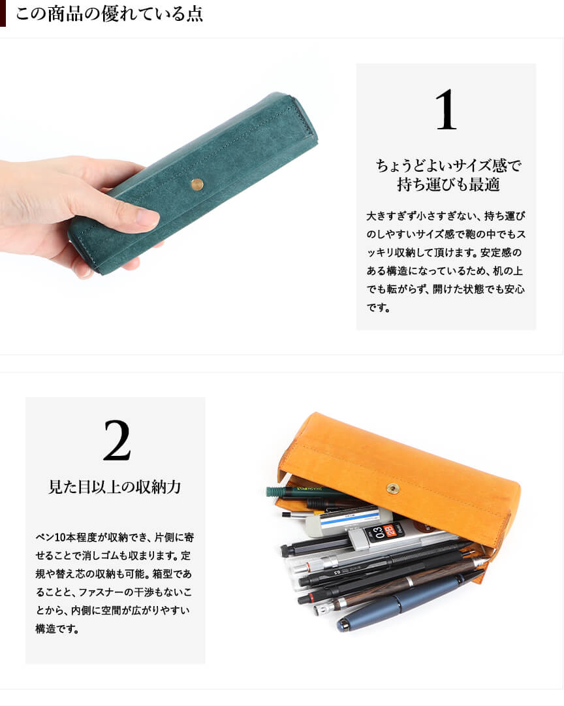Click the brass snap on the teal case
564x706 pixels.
(197, 184)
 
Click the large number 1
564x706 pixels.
(446, 109)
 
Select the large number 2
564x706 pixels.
(117, 440)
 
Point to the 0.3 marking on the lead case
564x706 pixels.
(379, 533)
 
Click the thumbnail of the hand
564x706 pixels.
(147, 217)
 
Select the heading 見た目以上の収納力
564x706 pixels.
(115, 487)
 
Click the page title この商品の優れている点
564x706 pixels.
(109, 14)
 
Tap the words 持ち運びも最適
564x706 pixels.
(448, 184)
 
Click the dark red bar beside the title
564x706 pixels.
(3, 13)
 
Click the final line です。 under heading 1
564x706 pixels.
(378, 308)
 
